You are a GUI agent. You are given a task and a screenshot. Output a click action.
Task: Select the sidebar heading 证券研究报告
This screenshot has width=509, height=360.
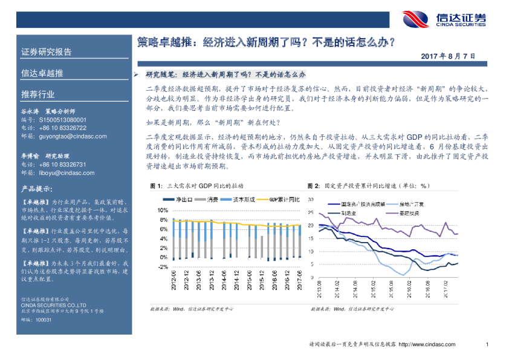(47, 52)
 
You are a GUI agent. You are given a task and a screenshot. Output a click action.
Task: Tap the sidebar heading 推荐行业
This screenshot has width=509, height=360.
(38, 94)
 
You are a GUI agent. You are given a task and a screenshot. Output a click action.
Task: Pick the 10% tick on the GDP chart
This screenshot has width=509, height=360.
(163, 210)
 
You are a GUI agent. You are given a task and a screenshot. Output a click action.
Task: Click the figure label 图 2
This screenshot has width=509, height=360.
(313, 185)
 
